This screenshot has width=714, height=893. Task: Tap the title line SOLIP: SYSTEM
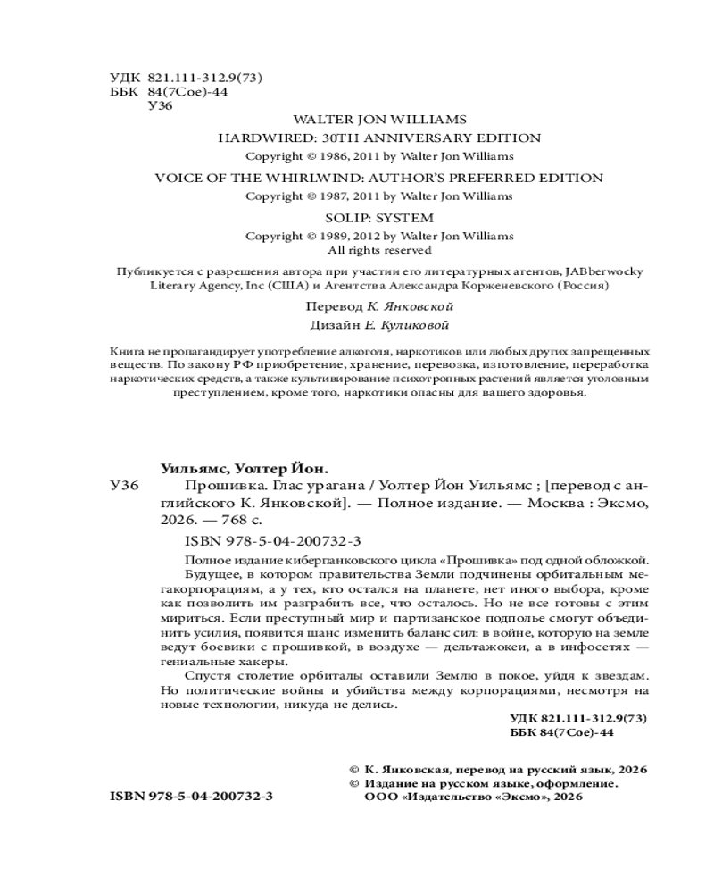pos(379,217)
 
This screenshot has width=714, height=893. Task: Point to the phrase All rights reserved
pos(379,250)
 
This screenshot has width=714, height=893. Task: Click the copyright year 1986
pos(327,155)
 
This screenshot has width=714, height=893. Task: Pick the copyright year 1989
pos(327,236)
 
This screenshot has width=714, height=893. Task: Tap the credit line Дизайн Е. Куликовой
pos(379,324)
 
